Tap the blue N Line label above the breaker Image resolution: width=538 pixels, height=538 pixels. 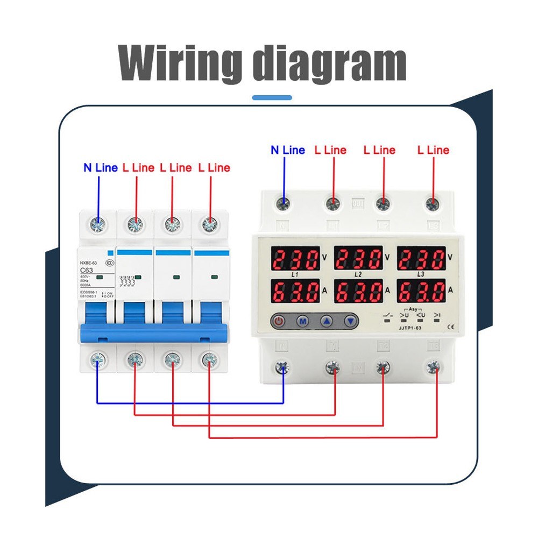pos(100,168)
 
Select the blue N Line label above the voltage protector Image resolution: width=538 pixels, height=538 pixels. pos(287,150)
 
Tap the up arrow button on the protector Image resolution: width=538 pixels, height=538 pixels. pos(327,321)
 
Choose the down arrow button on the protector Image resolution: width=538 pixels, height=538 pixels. pos(351,321)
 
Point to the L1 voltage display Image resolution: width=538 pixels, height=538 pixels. pos(295,258)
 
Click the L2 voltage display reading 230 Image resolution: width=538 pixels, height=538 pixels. pos(359,258)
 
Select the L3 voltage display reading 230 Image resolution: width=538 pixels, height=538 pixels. pos(422,258)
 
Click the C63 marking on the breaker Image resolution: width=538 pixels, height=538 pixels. pos(88,270)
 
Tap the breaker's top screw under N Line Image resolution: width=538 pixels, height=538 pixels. pos(99,224)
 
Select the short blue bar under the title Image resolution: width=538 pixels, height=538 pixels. pos(272,98)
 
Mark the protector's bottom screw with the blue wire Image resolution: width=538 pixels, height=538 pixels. pos(284,368)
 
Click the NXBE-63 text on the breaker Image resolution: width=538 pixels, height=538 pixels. pos(89,262)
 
